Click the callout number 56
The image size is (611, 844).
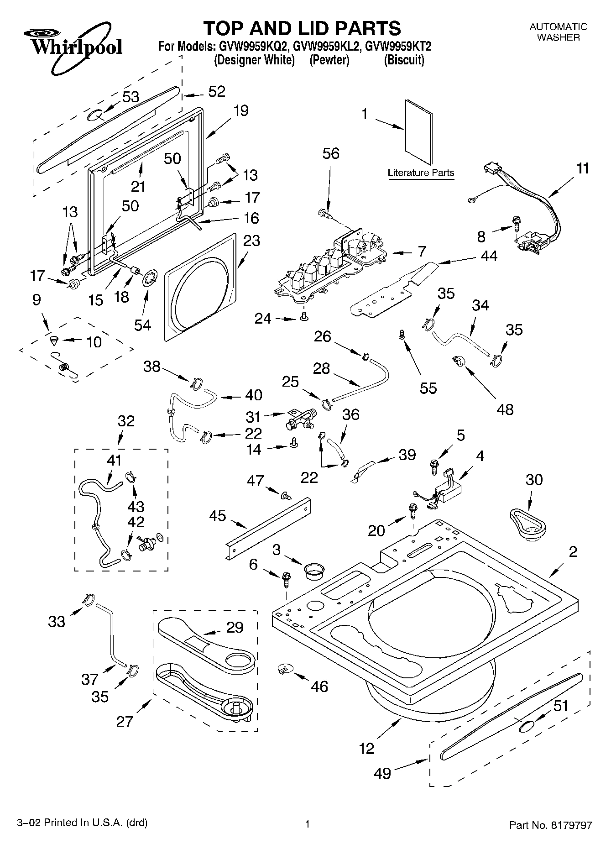pos(331,153)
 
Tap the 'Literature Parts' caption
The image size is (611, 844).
pos(421,173)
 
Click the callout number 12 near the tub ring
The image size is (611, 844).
pos(366,748)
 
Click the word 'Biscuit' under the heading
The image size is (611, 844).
pos(404,60)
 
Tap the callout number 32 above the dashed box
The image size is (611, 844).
pos(126,420)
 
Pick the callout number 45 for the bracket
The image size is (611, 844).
pos(218,515)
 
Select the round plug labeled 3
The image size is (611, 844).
pos(314,570)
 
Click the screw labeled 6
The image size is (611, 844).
pos(287,579)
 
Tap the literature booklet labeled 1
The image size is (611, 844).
pos(418,132)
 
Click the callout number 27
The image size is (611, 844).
pos(125,721)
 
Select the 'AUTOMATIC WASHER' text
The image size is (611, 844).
pos(558,32)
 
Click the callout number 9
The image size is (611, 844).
pos(37,299)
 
